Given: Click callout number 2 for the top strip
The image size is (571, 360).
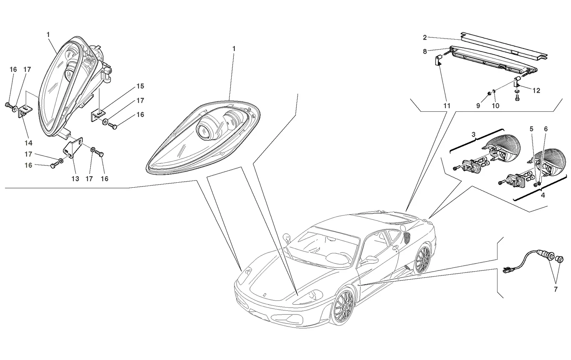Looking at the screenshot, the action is point(425,38).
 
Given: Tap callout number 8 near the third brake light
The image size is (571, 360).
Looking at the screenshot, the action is point(425,52).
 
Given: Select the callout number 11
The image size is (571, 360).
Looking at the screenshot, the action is point(446,106).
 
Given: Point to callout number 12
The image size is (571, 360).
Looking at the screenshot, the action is point(536,91).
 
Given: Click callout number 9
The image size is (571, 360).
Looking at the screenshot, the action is point(478,106).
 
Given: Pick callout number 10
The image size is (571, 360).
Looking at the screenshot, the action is point(495,106).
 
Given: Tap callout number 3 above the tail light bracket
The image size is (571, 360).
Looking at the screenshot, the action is point(473,135).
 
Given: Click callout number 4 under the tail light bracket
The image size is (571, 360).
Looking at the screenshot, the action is point(543,195).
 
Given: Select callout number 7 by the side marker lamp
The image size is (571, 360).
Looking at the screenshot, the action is point(555,289).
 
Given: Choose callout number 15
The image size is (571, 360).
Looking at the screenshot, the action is point(140,86).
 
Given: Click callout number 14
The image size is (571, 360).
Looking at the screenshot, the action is point(29,143).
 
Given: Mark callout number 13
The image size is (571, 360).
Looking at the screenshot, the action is point(75,179).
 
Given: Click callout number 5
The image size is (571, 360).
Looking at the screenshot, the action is point(531,129).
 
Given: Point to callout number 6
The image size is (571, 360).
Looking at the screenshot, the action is point(546,129).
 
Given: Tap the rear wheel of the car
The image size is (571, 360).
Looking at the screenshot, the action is point(423,259).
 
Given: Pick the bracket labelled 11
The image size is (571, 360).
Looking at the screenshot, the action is point(438,61).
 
